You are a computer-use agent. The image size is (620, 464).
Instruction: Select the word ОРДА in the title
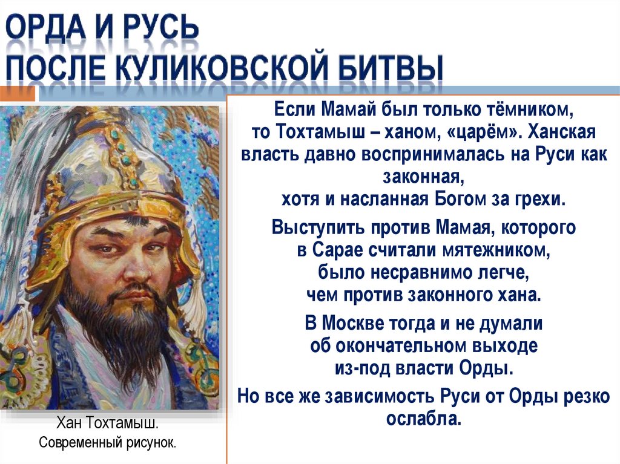pos(50,27)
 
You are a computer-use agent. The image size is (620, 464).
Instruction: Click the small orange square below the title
pos(18,94)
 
